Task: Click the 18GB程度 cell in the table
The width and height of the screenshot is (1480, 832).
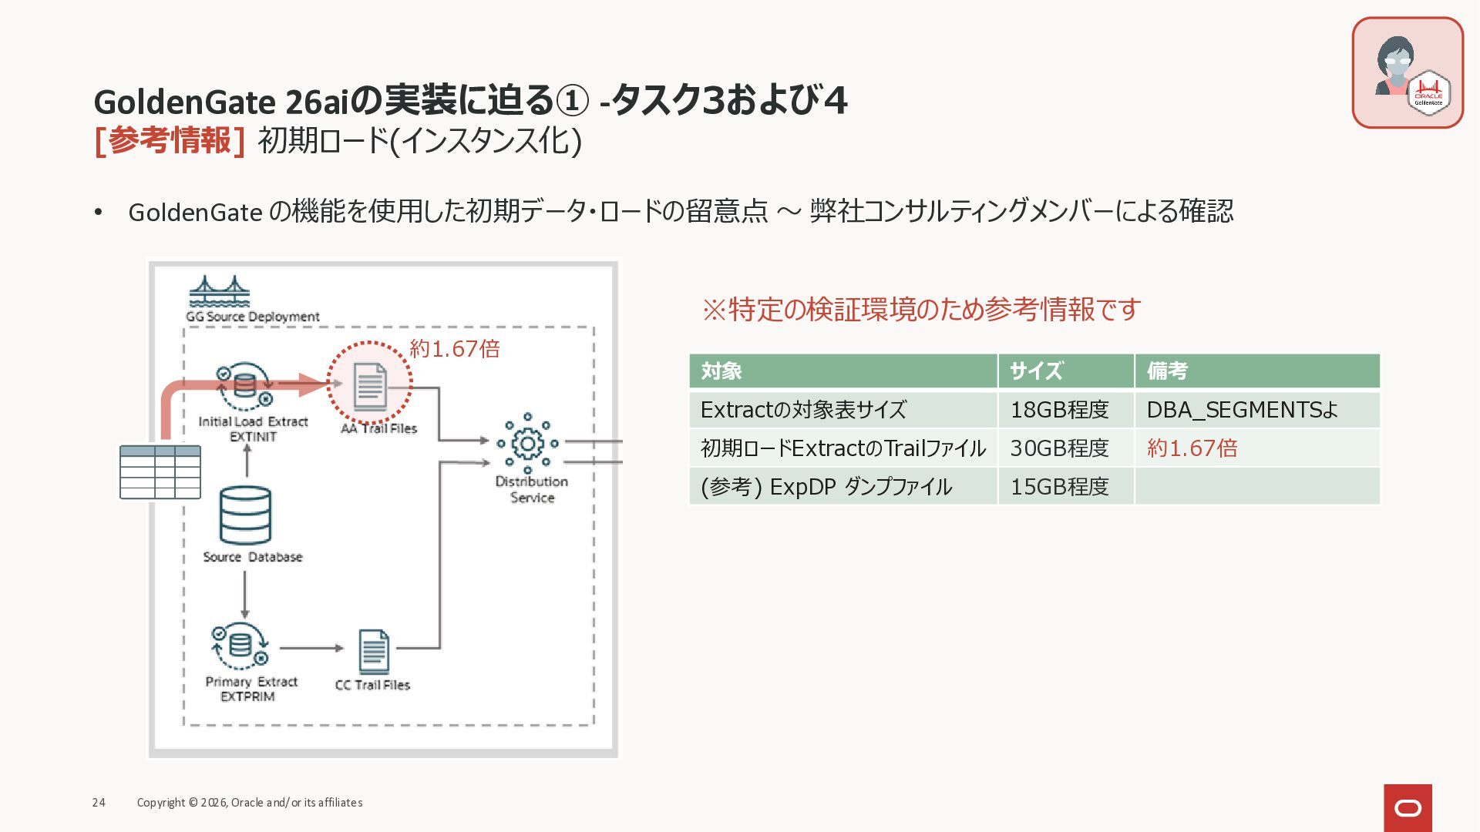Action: pyautogui.click(x=1059, y=410)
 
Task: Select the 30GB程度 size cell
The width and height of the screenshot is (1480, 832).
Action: pyautogui.click(x=1059, y=448)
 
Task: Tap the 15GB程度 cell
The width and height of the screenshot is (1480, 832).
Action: pyautogui.click(x=1059, y=487)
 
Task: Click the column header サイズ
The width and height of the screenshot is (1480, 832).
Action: pyautogui.click(x=1036, y=371)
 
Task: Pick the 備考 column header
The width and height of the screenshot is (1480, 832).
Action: pyautogui.click(x=1167, y=371)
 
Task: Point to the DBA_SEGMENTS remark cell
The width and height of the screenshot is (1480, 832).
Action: pyautogui.click(x=1242, y=410)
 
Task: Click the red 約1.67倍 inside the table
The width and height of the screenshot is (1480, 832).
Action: pyautogui.click(x=1192, y=448)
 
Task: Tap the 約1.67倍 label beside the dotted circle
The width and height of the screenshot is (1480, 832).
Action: pyautogui.click(x=455, y=349)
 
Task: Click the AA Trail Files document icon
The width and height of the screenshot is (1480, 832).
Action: pyautogui.click(x=370, y=386)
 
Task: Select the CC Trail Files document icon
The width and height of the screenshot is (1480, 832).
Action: pyautogui.click(x=374, y=652)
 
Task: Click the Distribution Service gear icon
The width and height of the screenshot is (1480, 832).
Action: pyautogui.click(x=528, y=443)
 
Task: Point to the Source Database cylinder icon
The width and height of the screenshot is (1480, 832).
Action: pyautogui.click(x=245, y=515)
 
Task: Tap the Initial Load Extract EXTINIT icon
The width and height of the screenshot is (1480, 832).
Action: pyautogui.click(x=244, y=386)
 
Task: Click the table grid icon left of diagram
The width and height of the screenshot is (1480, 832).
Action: pyautogui.click(x=160, y=472)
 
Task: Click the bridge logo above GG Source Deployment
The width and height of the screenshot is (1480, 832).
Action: pyautogui.click(x=220, y=291)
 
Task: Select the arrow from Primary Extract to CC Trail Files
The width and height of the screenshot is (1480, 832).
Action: pyautogui.click(x=311, y=648)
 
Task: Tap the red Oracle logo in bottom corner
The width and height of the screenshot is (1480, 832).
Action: pyautogui.click(x=1408, y=807)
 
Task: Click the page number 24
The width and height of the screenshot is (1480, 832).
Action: pyautogui.click(x=99, y=803)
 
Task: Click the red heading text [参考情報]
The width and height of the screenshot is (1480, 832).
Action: pyautogui.click(x=170, y=141)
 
